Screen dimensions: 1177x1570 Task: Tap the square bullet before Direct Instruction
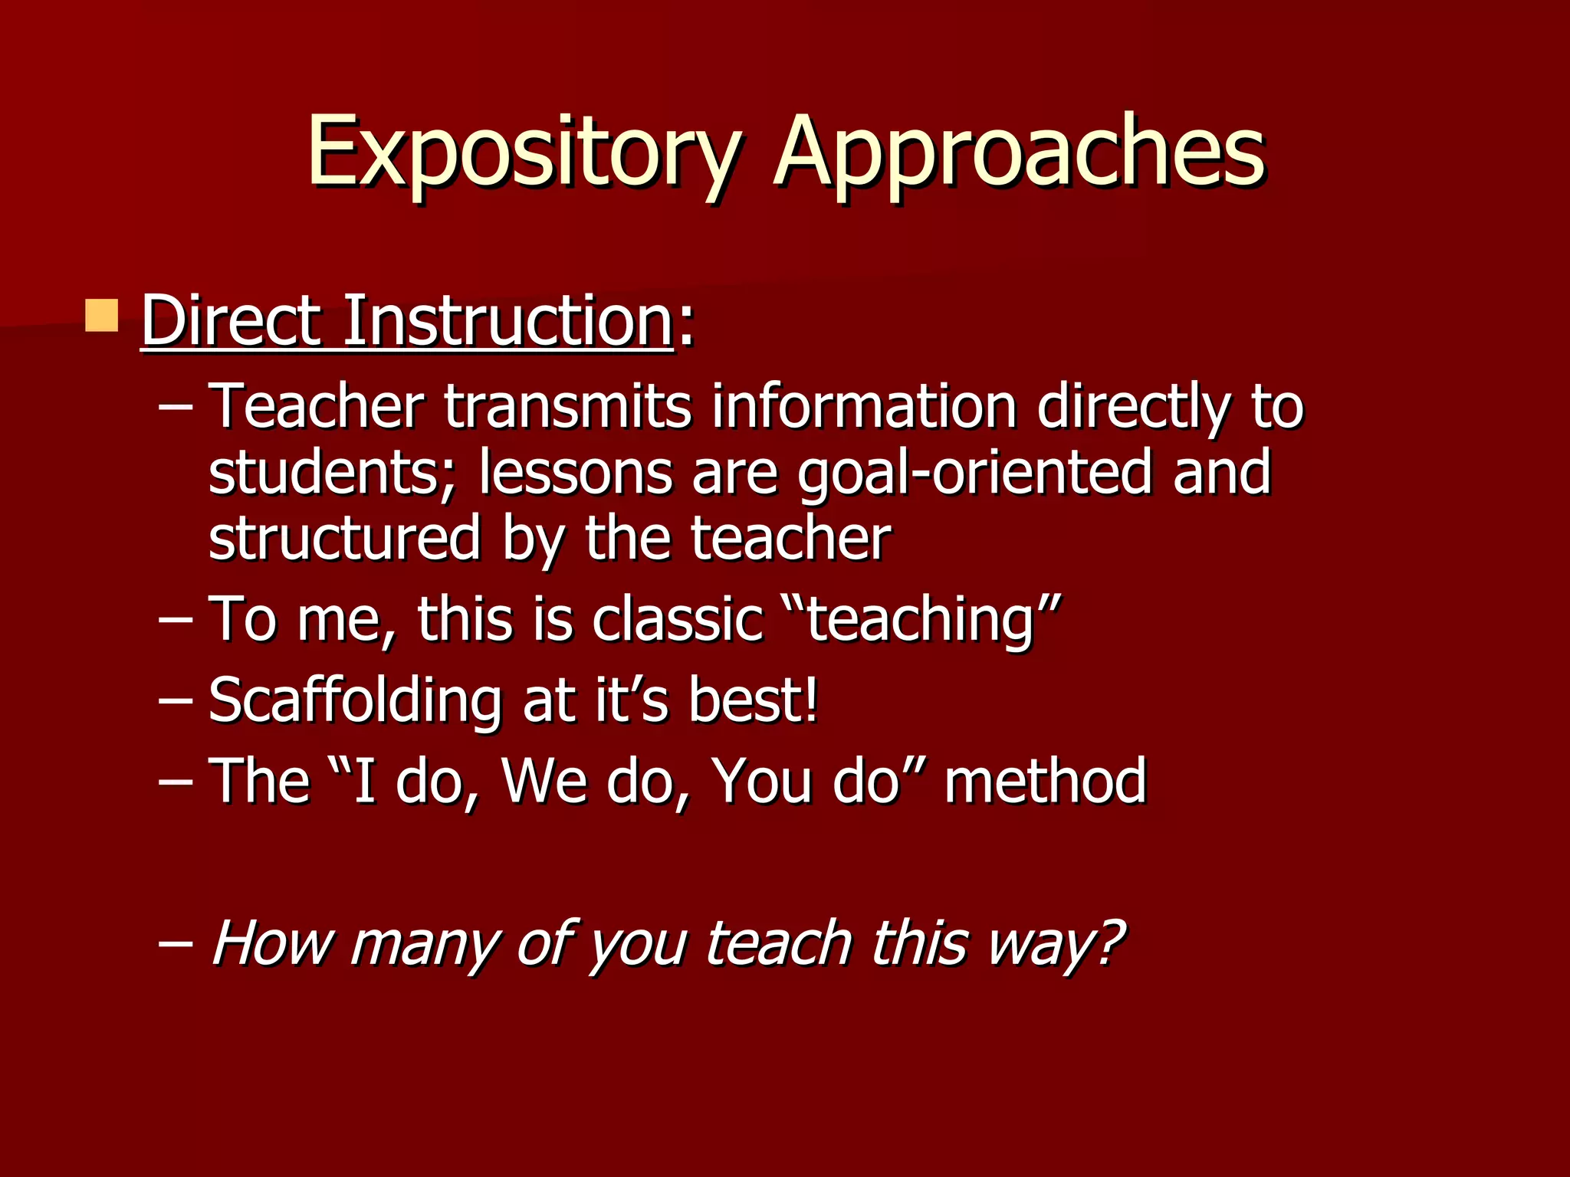point(101,316)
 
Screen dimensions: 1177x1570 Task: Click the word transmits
point(567,406)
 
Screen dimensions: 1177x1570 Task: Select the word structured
point(344,539)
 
